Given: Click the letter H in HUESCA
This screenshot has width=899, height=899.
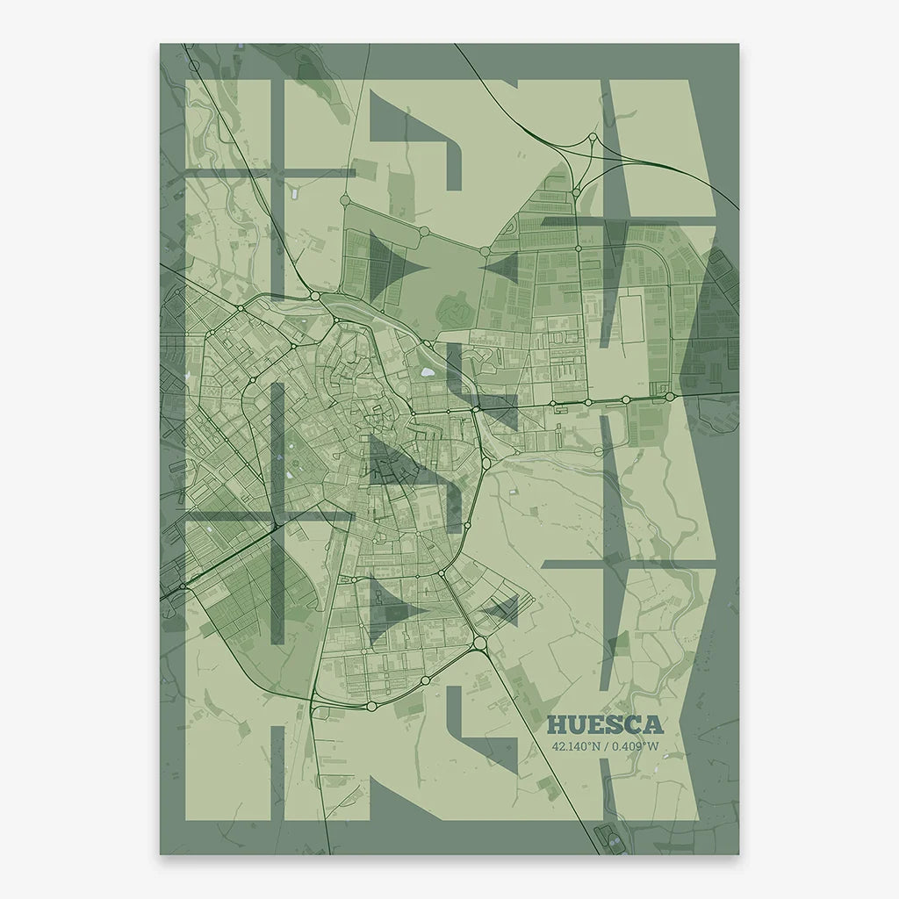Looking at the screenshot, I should pos(557,725).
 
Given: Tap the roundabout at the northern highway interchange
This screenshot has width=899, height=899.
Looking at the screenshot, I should pos(593,138).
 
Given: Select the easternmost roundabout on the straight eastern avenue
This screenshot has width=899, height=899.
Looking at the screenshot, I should pos(670,397).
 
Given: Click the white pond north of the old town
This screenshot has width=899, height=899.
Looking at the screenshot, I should pos(427,372).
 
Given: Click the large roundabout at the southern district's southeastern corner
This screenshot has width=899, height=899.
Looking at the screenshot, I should pos(479,644).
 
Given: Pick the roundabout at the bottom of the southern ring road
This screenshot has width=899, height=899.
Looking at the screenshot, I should pos(371,705).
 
